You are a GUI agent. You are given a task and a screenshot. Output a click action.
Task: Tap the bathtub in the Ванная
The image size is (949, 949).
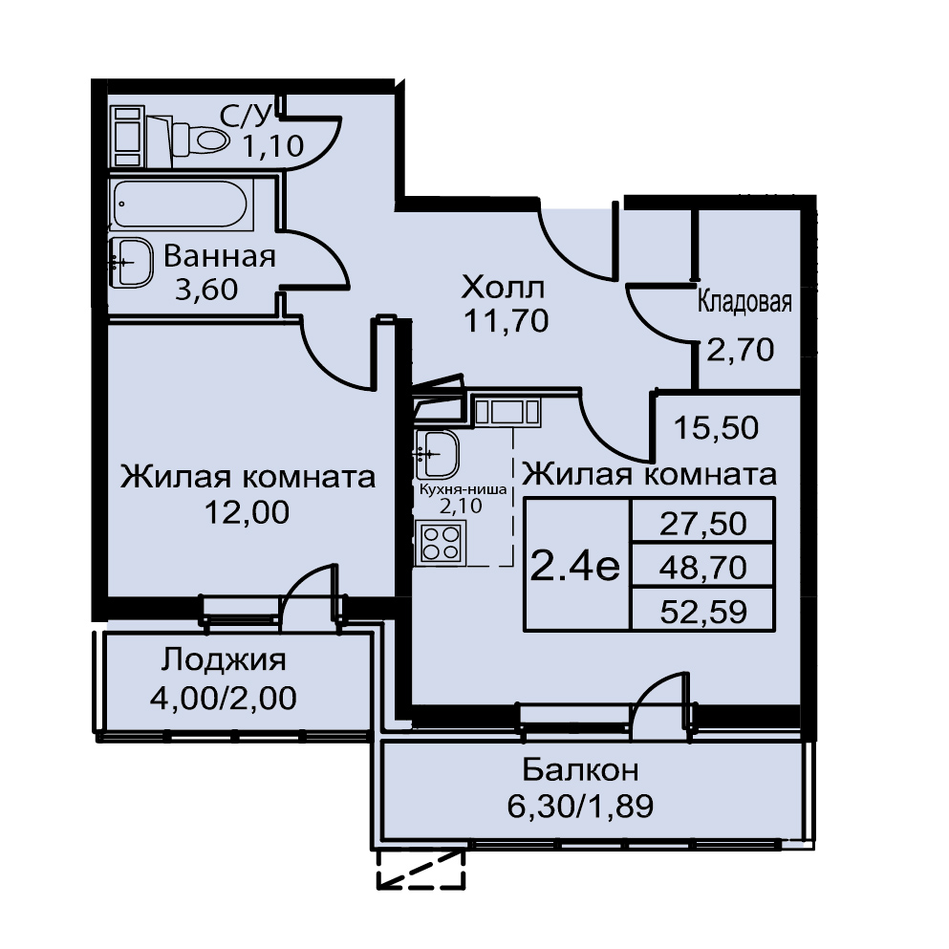[x=181, y=205]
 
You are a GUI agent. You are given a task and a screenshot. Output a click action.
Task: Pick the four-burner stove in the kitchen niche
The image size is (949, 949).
[x=440, y=542]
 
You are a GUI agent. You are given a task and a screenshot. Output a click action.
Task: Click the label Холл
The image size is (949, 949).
[x=503, y=288]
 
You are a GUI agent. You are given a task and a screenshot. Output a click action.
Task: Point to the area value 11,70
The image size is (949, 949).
[x=506, y=321]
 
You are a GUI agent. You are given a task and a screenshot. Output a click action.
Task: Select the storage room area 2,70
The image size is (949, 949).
[x=741, y=350]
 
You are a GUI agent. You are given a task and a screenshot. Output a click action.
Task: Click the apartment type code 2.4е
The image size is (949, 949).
[x=575, y=568]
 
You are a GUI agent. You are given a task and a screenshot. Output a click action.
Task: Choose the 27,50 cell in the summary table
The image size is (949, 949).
[x=702, y=524]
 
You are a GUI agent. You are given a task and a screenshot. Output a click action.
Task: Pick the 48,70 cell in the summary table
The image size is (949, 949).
[x=702, y=568]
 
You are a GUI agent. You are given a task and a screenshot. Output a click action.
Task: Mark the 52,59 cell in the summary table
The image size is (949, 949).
[x=703, y=612]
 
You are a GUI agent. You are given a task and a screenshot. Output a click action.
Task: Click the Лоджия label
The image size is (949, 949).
[x=224, y=660]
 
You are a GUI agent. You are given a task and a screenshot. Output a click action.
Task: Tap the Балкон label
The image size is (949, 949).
[x=580, y=770]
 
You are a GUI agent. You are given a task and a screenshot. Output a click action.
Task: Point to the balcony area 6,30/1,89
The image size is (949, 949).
[x=580, y=807]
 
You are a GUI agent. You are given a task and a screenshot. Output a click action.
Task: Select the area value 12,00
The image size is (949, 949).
[x=247, y=512]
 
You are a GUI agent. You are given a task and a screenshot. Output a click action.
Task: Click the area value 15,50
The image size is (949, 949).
[x=716, y=428]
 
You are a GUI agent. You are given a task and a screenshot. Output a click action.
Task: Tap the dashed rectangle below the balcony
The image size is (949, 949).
[x=421, y=869]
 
